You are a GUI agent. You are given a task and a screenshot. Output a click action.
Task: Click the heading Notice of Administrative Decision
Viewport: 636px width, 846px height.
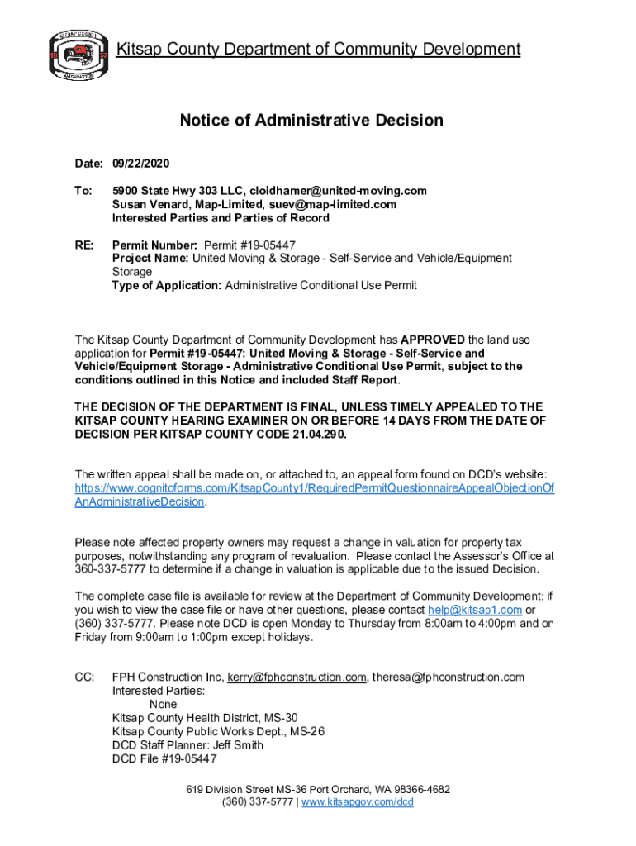pos(311,121)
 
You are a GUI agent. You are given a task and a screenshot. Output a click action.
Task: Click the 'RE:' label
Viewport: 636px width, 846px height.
pos(85,245)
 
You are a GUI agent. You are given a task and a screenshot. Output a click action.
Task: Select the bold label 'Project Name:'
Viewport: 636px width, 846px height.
pos(150,259)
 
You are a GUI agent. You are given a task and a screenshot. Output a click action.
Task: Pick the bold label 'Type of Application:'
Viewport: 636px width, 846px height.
pos(167,286)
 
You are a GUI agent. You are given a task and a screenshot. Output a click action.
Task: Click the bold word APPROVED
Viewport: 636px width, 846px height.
pos(433,340)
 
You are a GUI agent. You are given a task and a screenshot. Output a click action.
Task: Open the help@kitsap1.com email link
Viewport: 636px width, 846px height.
pos(475,610)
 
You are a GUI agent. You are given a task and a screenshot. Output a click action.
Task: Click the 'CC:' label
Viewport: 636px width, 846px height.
pos(84,677)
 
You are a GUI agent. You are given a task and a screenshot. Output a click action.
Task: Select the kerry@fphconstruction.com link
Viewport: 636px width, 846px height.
pos(297,677)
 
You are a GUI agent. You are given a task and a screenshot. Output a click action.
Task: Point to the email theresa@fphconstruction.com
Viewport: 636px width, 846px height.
pos(448,677)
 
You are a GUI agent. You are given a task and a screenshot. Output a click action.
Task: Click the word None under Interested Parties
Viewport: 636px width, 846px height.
pos(163,705)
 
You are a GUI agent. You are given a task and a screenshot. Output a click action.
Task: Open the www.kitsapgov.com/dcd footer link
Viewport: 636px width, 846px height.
pos(358,802)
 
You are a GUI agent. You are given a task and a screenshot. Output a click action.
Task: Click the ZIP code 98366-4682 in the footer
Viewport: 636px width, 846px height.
pos(417,789)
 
